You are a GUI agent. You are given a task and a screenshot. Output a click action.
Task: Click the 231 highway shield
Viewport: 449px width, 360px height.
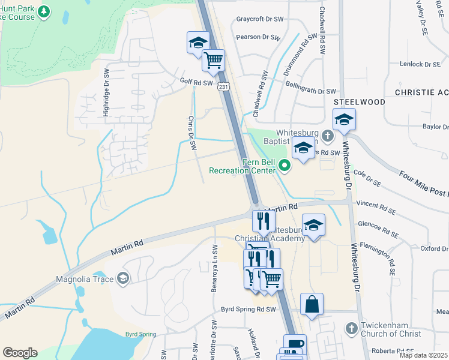pyautogui.click(x=223, y=87)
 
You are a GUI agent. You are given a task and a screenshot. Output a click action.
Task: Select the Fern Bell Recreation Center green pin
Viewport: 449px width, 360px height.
pyautogui.click(x=285, y=166)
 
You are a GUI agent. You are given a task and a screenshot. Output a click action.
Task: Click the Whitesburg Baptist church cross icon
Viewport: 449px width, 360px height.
pyautogui.click(x=328, y=135)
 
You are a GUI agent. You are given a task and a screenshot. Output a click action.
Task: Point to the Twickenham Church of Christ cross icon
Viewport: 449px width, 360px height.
pyautogui.click(x=351, y=328)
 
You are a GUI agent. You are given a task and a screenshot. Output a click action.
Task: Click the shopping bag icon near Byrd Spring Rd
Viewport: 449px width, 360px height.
pyautogui.click(x=312, y=304)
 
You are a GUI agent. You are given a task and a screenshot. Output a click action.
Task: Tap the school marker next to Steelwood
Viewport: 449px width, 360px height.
pyautogui.click(x=344, y=120)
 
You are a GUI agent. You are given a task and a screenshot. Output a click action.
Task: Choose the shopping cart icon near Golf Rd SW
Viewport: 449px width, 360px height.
pyautogui.click(x=213, y=60)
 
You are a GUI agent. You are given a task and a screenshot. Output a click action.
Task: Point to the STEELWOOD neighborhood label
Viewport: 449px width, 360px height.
pyautogui.click(x=359, y=102)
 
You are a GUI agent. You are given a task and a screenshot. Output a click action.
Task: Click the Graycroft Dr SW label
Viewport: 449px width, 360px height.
pyautogui.click(x=260, y=19)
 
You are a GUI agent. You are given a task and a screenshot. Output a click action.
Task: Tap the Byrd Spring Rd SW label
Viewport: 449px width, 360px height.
pyautogui.click(x=248, y=309)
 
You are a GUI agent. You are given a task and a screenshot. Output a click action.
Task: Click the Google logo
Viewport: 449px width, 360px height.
pyautogui.click(x=20, y=352)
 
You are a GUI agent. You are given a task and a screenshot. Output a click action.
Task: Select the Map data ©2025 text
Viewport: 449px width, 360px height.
pyautogui.click(x=424, y=355)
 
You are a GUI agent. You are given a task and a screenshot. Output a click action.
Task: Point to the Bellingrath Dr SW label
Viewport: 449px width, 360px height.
pyautogui.click(x=311, y=91)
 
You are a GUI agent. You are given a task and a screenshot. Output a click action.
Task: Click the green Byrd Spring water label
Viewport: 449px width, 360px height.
pyautogui.click(x=140, y=334)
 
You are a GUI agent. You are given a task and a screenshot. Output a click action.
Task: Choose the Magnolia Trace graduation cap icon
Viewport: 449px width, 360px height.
pyautogui.click(x=123, y=278)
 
